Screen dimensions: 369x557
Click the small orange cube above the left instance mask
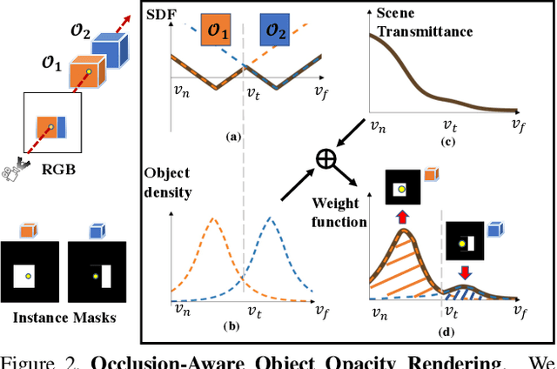(29, 231)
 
